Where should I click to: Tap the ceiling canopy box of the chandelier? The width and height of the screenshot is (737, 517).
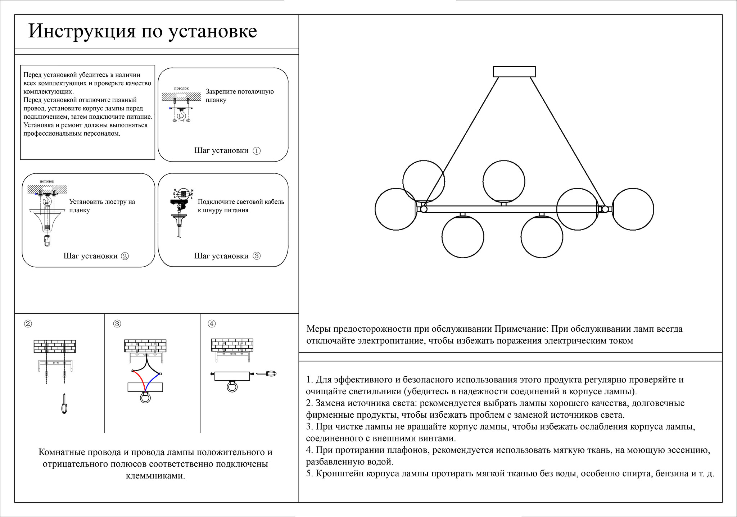(x=514, y=72)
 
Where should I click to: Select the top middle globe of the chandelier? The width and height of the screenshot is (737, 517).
(x=503, y=181)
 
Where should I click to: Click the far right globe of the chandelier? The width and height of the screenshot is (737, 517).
(x=633, y=209)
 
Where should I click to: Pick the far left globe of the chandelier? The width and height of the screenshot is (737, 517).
(x=395, y=209)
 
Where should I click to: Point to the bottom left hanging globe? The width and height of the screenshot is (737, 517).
(x=463, y=237)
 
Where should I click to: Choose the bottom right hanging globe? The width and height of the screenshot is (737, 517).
(x=542, y=237)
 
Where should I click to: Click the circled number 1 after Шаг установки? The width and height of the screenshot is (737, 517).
(x=257, y=151)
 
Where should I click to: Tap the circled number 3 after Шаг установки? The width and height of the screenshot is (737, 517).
(x=257, y=256)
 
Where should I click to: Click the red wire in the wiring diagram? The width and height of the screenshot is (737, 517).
(x=140, y=380)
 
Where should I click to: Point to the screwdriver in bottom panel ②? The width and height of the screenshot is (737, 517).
(x=64, y=404)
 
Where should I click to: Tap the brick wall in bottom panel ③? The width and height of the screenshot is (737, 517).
(x=145, y=346)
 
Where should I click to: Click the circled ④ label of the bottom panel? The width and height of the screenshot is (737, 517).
(x=212, y=324)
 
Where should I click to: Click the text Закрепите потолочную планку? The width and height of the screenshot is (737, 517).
(x=239, y=96)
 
